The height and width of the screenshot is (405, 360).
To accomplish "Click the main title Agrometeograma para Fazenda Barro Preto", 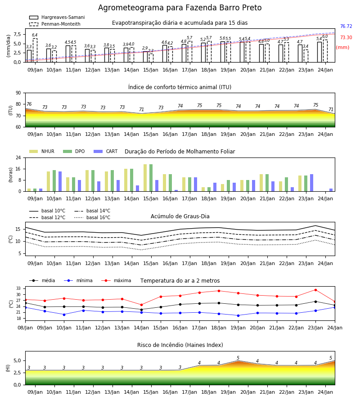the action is coord(180,8).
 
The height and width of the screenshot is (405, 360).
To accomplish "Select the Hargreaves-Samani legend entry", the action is coord(57,17).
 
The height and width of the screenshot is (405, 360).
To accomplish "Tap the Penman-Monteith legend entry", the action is coord(55,24).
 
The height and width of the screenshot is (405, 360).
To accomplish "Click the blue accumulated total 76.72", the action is coord(346,26).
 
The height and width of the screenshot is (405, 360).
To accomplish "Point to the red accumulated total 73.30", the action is coord(346,37).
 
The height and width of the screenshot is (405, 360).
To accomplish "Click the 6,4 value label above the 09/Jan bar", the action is coord(35,35).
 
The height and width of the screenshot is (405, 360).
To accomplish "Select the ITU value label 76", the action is coord(29,104).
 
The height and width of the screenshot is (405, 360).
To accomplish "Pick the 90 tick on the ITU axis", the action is coord(18,93).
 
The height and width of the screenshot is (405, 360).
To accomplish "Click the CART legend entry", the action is coord(106,151).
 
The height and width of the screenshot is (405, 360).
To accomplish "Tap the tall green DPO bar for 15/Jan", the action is coord(151,178).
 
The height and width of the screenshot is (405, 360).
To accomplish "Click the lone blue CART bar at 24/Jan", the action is coord(331,190).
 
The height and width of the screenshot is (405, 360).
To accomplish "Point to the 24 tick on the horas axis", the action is coord(18,157).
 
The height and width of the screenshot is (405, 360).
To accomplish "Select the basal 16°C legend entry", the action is coord(92,217).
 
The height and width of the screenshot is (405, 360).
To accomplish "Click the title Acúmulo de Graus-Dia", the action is coord(180,216).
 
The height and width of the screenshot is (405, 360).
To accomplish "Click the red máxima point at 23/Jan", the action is coord(315,290).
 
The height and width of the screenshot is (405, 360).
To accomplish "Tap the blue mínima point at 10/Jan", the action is coord(64,315).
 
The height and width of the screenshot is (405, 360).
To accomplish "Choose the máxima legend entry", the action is coord(116,280).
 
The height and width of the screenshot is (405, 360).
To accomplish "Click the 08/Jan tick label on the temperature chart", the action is coord(25,328).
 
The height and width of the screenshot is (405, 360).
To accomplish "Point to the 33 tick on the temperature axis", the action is coord(18,288).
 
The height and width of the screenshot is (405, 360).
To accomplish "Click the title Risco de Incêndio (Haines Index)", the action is coord(180,345).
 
